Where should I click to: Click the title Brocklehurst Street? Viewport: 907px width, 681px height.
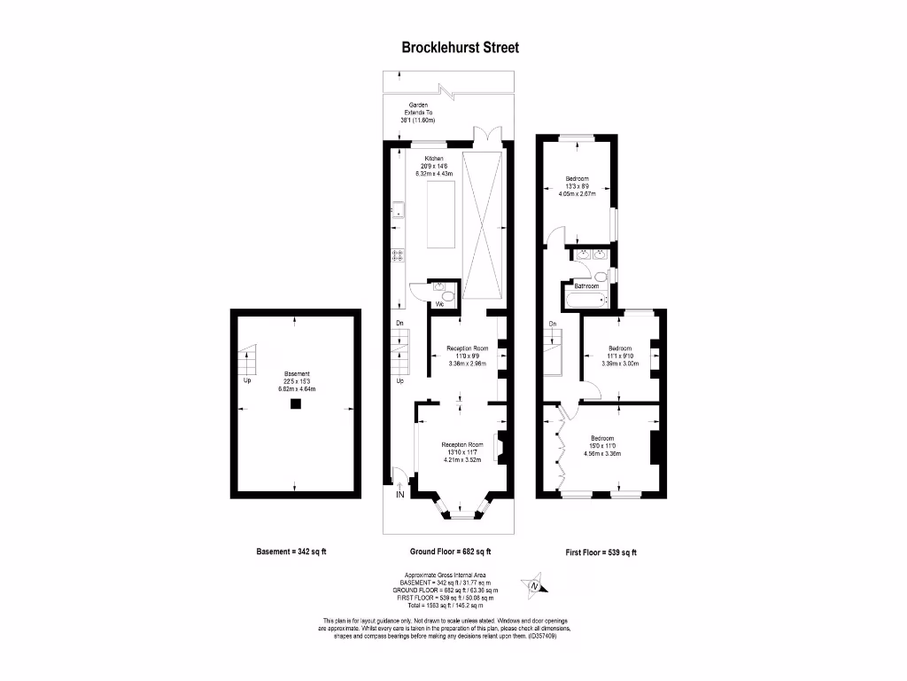(453, 47)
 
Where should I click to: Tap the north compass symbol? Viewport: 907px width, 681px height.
(534, 584)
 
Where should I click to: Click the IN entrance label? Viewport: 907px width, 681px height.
(399, 496)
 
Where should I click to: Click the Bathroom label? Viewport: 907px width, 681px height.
(586, 286)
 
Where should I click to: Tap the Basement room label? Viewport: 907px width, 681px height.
(297, 373)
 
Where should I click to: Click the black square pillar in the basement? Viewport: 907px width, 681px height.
(295, 404)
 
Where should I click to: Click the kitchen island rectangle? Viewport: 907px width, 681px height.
(442, 216)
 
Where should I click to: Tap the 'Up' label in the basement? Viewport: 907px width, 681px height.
(246, 381)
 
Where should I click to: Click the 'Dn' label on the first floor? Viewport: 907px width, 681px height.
(553, 324)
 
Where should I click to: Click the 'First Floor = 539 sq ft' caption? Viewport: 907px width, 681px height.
(601, 552)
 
